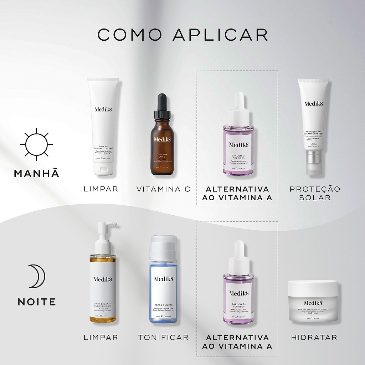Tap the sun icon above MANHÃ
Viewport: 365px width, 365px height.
point(36,145)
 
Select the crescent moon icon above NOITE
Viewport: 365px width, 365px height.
point(36,276)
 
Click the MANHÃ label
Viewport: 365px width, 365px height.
point(36,174)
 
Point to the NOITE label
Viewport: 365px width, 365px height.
point(37,302)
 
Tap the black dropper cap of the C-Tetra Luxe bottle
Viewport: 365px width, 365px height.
point(162,107)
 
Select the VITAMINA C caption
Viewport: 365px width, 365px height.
point(164,189)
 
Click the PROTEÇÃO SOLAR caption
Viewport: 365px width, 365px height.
point(315,193)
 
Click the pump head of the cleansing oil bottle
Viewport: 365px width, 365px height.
point(105,228)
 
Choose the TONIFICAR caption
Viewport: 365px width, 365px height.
point(164,337)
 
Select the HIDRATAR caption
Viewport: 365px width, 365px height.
point(314,337)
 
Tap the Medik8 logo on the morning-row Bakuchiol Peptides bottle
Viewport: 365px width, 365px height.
point(239,144)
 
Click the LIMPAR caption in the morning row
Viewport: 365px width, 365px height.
point(101,189)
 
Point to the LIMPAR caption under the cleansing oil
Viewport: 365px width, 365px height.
point(101,337)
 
